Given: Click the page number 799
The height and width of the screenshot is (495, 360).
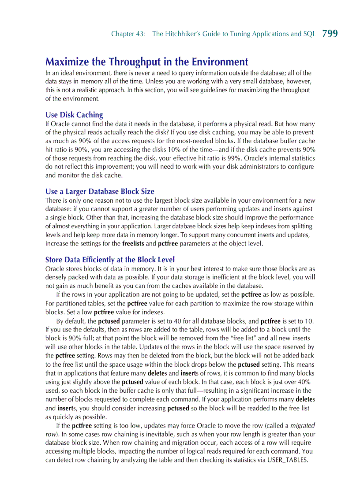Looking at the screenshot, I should point(330,33).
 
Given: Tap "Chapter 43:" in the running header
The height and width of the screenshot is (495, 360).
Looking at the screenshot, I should point(128,34).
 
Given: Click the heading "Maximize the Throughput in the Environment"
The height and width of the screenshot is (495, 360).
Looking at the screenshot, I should point(146,61).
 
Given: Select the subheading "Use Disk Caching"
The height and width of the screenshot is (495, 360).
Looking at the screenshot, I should point(74,115).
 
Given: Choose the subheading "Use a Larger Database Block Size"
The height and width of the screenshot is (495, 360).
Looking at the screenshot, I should point(100,191).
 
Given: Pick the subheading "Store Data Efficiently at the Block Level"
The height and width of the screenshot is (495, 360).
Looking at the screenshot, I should point(110,260).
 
